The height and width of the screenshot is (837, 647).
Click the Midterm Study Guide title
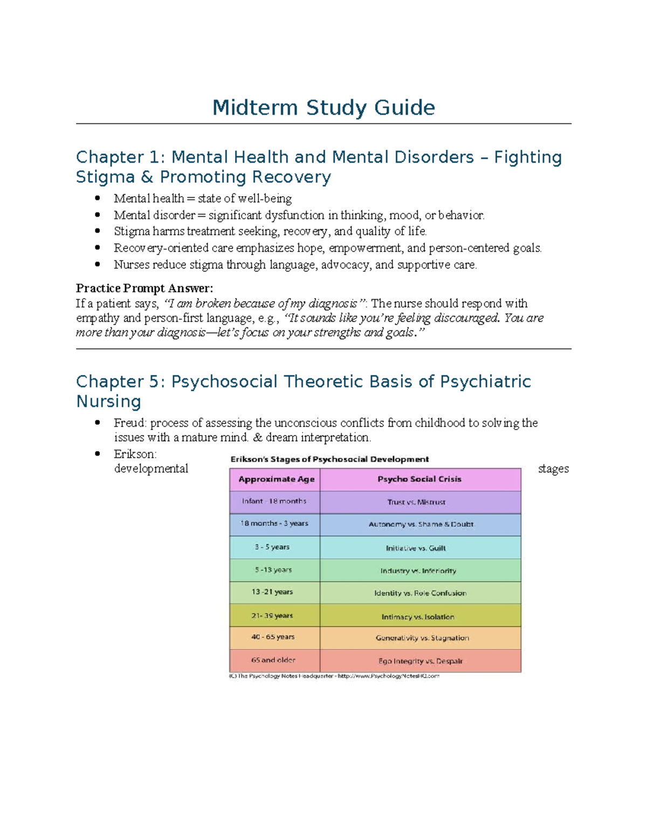[x=323, y=108]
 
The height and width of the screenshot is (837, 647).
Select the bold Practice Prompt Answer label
[x=144, y=288]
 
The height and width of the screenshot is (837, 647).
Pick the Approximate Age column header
[x=276, y=479]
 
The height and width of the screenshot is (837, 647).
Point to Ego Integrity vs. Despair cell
[x=421, y=661]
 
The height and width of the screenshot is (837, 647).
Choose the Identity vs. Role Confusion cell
[x=421, y=593]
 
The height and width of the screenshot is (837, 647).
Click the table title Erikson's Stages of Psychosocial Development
[x=329, y=459]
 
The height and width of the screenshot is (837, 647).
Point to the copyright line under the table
[x=334, y=676]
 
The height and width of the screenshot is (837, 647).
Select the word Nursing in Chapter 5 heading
[x=108, y=402]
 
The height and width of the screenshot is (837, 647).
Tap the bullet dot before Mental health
[x=98, y=198]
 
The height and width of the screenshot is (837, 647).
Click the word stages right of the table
[x=553, y=469]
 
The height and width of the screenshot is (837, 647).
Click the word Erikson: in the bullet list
[x=135, y=454]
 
